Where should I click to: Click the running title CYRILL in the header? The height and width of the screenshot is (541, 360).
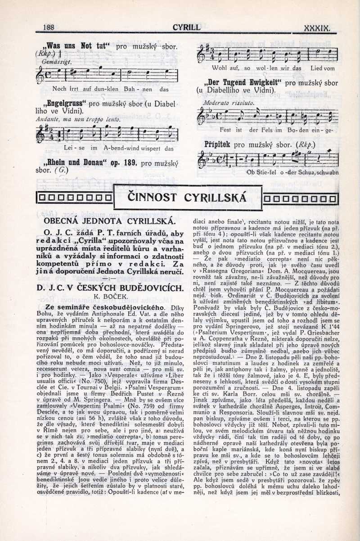tap(186, 27)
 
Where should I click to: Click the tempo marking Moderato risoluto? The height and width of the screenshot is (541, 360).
tap(222, 103)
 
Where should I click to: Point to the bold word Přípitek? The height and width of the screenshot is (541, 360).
tap(217, 145)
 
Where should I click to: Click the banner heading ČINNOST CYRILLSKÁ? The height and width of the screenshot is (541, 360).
tap(188, 197)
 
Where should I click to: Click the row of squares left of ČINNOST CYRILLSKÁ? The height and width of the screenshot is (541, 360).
tap(75, 197)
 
